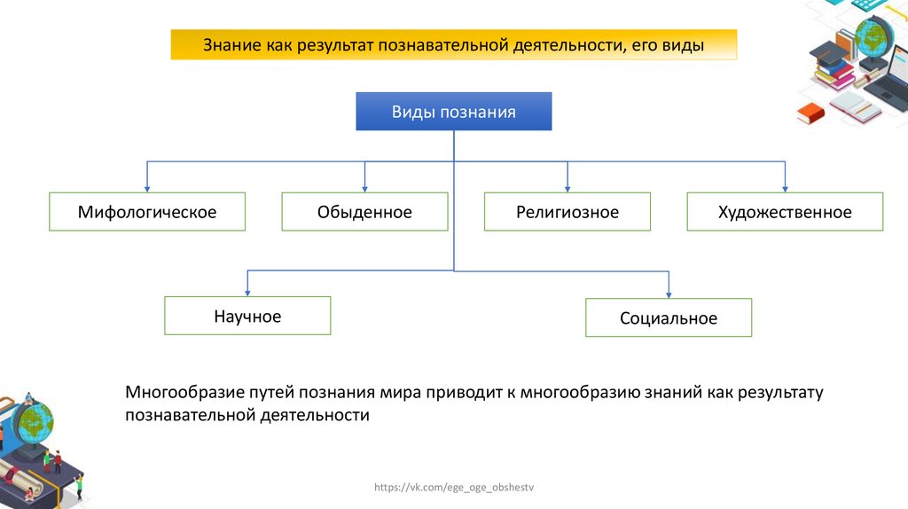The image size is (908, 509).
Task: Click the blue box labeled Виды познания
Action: tap(453, 112)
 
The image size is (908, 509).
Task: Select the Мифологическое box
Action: tap(147, 212)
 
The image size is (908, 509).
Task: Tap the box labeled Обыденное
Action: tap(364, 212)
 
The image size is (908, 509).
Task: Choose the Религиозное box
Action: tap(567, 212)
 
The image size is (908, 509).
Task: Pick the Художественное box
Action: tap(785, 212)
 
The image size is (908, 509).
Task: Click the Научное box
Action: tap(247, 316)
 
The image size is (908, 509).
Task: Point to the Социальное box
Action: tap(669, 317)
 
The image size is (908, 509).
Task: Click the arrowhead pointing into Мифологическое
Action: tap(147, 187)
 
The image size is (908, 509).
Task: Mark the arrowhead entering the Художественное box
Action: tap(785, 187)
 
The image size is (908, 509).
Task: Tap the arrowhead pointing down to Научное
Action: tap(247, 292)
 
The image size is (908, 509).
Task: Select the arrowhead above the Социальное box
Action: tap(669, 294)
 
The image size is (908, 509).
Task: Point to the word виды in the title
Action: tap(683, 44)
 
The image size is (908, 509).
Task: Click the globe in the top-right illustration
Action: tap(873, 36)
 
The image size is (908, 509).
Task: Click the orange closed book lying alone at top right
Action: tap(810, 113)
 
